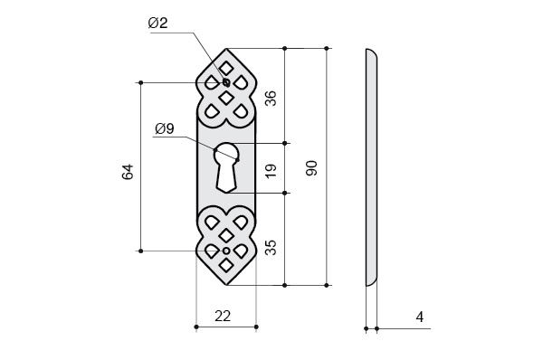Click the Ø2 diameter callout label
tap(157, 24)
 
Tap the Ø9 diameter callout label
tap(165, 128)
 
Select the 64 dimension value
tap(128, 172)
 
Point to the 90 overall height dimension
tap(311, 168)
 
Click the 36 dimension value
tap(271, 98)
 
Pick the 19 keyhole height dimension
tap(271, 171)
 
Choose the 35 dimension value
tap(271, 247)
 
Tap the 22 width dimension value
tap(223, 316)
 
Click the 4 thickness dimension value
tap(420, 317)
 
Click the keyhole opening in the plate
tap(226, 166)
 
